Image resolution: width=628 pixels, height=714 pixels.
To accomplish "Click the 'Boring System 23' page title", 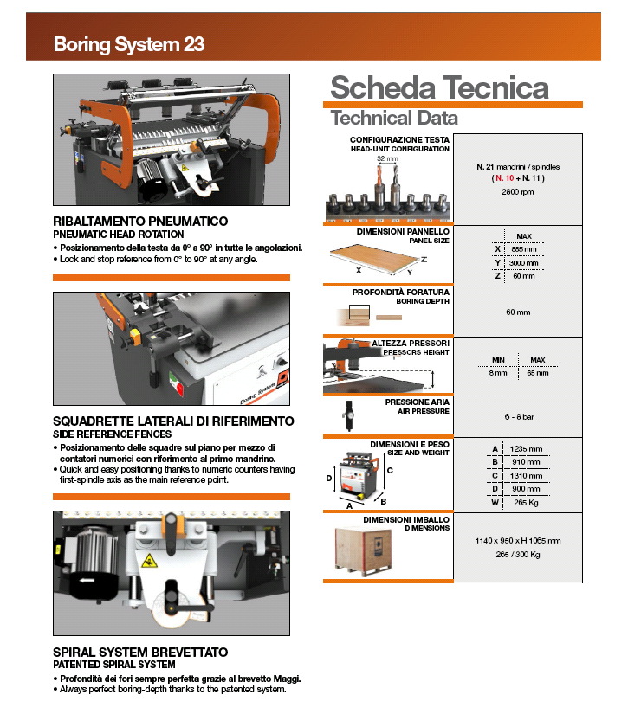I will coord(129,44).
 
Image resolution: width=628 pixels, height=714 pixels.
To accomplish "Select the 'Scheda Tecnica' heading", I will coord(439,88).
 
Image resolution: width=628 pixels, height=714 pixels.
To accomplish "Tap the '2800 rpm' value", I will coord(517,191).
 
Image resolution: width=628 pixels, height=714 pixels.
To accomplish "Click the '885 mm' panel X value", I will coord(524,248).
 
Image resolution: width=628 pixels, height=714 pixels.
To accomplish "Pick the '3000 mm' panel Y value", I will coord(524,262).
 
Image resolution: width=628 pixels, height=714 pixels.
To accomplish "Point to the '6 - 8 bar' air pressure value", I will coord(517,416).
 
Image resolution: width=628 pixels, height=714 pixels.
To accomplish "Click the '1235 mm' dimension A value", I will coord(527,448).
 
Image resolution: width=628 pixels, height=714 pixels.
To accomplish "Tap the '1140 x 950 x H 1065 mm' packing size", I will coord(517,540).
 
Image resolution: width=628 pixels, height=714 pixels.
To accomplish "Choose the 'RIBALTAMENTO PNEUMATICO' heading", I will coord(140,222).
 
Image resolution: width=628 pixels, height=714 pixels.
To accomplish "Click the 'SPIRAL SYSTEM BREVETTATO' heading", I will coord(140,652).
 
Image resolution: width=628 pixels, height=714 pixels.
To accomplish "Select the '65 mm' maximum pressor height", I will coord(537,373).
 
